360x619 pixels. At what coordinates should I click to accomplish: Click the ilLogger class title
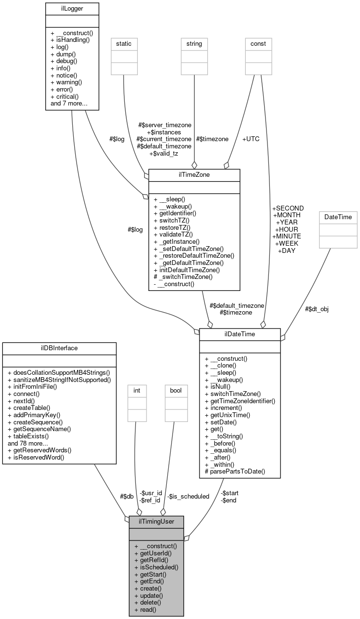(72, 8)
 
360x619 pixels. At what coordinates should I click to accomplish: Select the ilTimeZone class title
(194, 174)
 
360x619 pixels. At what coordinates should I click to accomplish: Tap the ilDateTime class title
(240, 334)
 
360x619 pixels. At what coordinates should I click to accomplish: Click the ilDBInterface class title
(59, 348)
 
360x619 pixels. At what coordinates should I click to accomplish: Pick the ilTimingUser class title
(156, 521)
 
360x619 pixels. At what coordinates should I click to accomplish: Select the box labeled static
(124, 44)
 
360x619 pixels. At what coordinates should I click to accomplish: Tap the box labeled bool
(176, 390)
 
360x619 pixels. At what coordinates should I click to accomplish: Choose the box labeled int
(136, 390)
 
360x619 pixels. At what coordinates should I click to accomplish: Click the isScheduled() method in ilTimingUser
(156, 567)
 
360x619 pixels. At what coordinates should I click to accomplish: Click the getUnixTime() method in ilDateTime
(227, 414)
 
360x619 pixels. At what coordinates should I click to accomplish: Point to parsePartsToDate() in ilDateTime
(235, 471)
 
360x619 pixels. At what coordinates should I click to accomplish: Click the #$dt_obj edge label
(317, 309)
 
